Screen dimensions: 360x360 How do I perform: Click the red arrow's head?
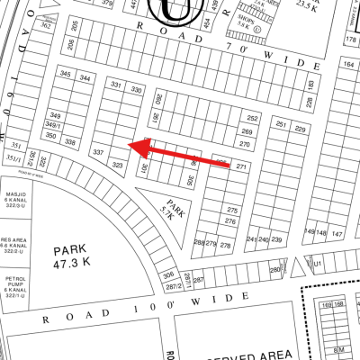click(x=129, y=144)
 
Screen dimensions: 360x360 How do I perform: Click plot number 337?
click(x=98, y=154)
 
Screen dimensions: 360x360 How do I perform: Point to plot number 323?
click(x=116, y=165)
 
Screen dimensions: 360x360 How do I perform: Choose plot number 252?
click(x=253, y=119)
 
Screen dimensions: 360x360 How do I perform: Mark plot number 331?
click(x=115, y=84)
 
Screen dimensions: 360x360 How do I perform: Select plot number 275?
click(x=231, y=210)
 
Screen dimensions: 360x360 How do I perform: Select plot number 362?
click(x=46, y=27)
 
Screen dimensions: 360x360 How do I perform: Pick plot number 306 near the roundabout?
click(x=167, y=275)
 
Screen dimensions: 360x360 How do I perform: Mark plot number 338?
click(x=70, y=143)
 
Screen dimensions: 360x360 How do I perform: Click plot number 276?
click(x=231, y=221)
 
